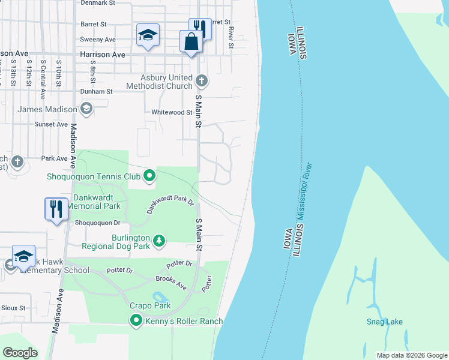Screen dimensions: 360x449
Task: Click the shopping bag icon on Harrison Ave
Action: click(x=191, y=42)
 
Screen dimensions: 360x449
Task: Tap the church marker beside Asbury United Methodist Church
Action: click(x=202, y=79)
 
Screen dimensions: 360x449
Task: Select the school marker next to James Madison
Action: click(x=86, y=109)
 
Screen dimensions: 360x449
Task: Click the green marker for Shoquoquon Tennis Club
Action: click(x=149, y=176)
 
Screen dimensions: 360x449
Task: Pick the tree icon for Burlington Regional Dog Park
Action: click(x=158, y=241)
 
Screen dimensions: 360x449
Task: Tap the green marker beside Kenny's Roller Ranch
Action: click(x=136, y=321)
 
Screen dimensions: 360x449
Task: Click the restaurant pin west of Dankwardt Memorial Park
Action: click(x=56, y=209)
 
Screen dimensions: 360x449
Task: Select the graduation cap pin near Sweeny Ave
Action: click(x=147, y=35)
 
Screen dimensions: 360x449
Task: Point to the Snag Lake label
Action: click(x=385, y=322)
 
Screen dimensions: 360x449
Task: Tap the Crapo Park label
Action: click(x=150, y=305)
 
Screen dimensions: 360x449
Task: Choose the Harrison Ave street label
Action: click(x=103, y=55)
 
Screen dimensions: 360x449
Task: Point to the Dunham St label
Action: click(x=97, y=92)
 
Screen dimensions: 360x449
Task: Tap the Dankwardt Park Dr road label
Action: click(x=171, y=206)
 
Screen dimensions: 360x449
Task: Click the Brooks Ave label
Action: click(x=171, y=283)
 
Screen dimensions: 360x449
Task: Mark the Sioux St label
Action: click(x=14, y=308)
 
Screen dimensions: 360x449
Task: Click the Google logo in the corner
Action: click(x=20, y=353)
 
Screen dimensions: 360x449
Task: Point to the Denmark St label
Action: click(x=97, y=3)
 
